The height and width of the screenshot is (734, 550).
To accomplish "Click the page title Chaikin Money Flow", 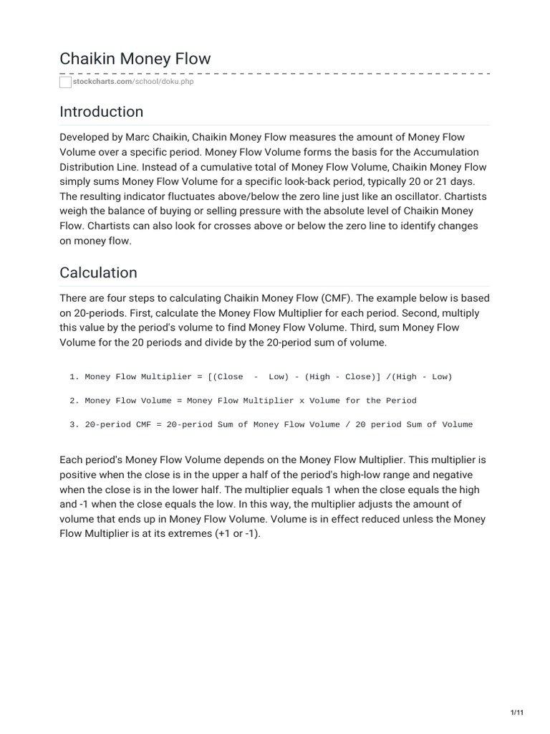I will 135,59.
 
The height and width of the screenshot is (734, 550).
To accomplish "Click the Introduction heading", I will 101,112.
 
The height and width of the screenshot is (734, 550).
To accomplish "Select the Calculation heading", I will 98,273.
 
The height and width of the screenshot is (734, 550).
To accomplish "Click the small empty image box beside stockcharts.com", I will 66,82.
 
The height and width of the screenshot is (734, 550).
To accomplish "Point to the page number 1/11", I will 517,712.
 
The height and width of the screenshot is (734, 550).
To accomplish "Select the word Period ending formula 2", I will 401,401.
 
